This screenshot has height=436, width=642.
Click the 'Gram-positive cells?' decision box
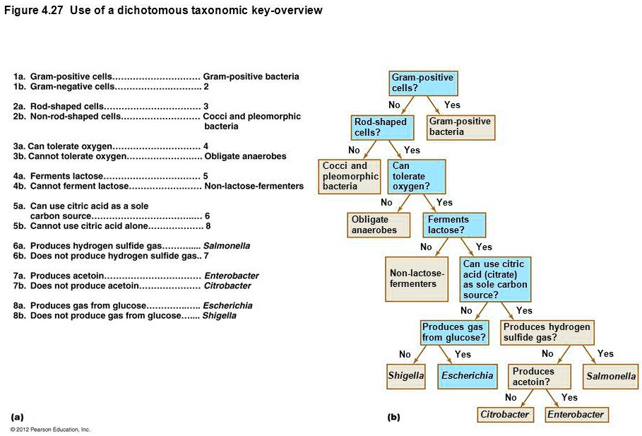[x=424, y=83]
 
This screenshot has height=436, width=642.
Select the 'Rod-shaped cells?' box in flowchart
[x=380, y=127]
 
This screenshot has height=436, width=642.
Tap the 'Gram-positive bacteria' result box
[x=460, y=127]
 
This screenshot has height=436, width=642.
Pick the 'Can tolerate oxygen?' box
[x=417, y=177]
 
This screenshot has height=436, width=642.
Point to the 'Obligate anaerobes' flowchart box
[x=379, y=225]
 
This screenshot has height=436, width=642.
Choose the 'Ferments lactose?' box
[x=456, y=225]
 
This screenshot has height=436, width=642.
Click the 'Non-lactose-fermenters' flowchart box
[x=418, y=278]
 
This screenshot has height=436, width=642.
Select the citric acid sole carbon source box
[x=495, y=279]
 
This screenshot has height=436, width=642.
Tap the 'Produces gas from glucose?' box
[x=454, y=332]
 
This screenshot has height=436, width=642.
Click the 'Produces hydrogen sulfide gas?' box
[x=547, y=332]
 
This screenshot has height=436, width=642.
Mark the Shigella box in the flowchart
[x=406, y=376]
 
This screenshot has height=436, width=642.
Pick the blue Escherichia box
[x=467, y=376]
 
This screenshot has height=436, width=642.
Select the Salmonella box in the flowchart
[x=611, y=377]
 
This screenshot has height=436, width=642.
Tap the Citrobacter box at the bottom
[x=504, y=415]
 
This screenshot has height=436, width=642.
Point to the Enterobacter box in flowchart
[x=576, y=415]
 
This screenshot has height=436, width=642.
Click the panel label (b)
[x=394, y=417]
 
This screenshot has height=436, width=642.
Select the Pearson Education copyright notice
[x=50, y=429]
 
